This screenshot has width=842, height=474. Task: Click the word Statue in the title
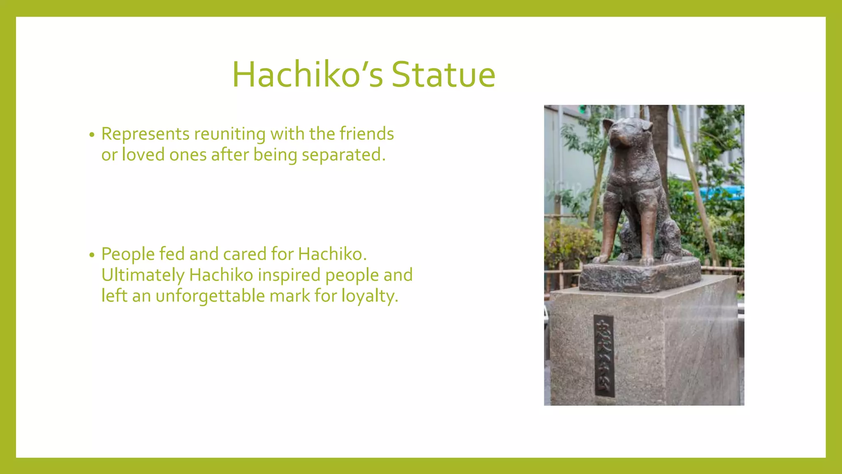(443, 75)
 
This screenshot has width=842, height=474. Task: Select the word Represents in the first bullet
(145, 134)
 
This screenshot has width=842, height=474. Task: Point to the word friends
(367, 134)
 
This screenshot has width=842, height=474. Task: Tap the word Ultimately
(143, 275)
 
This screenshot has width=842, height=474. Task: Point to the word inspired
(289, 275)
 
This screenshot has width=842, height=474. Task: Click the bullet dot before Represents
(92, 135)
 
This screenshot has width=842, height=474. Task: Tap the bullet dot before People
(92, 255)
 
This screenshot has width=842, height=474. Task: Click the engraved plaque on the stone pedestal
(604, 356)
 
